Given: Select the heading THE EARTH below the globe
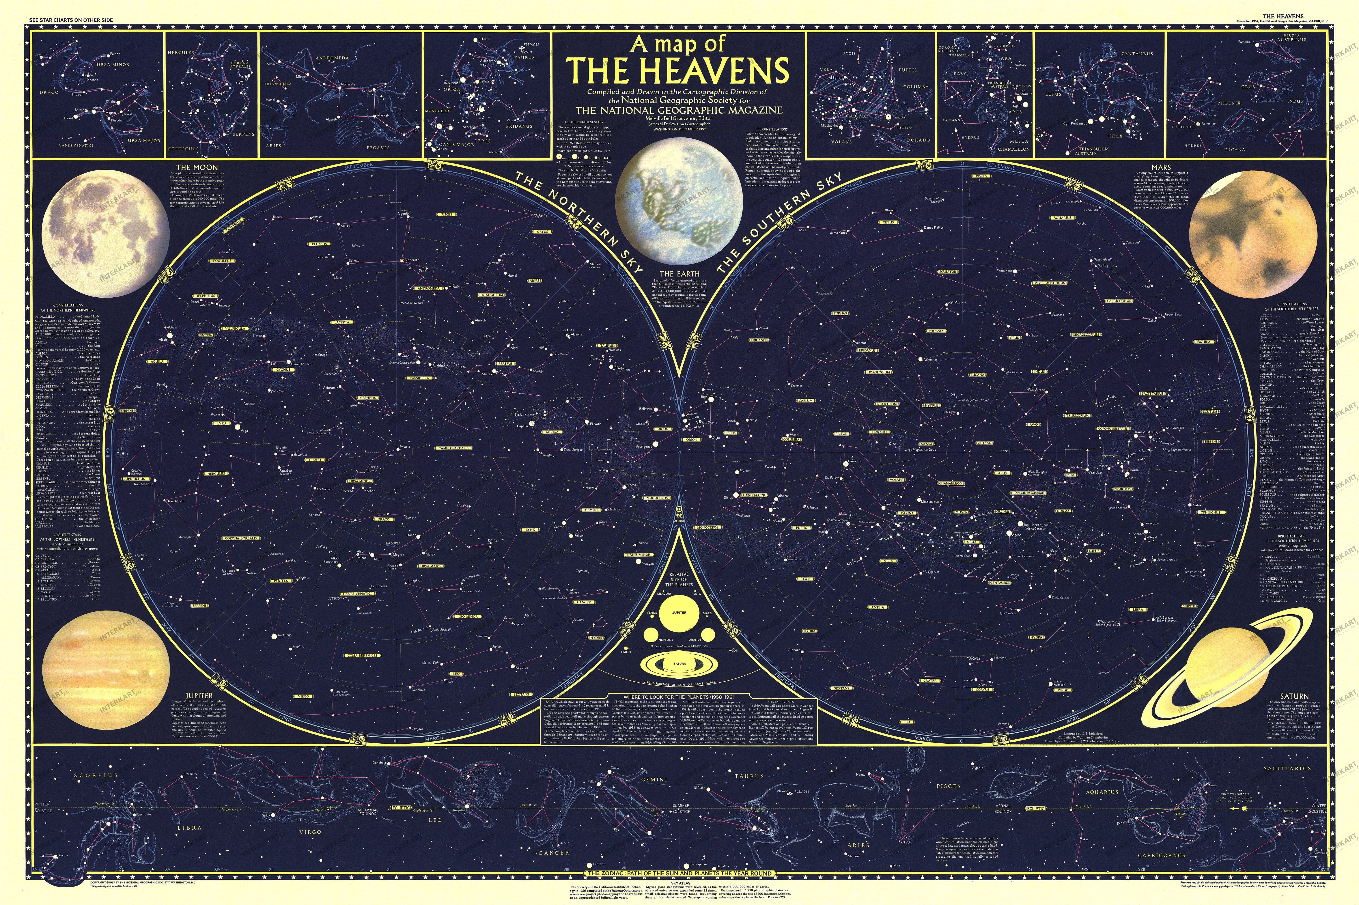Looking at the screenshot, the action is click(679, 274).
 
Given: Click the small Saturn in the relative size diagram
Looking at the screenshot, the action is click(679, 664).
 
